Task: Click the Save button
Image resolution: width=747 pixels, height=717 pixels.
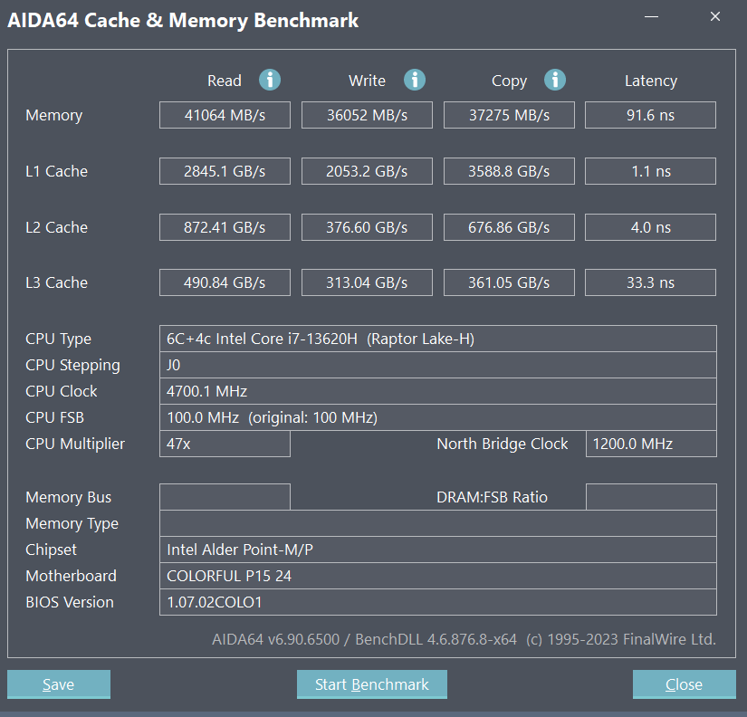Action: (59, 684)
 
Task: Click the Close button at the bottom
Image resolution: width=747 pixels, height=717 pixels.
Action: (685, 684)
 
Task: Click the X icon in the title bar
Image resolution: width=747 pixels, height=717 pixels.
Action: (715, 16)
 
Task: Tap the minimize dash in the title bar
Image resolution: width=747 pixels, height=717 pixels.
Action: (651, 16)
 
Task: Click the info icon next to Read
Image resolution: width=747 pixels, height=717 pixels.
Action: (270, 80)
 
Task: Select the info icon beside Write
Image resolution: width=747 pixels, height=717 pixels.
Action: (415, 80)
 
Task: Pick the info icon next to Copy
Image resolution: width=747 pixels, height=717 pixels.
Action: (555, 80)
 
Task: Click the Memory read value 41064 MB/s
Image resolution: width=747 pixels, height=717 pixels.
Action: (225, 115)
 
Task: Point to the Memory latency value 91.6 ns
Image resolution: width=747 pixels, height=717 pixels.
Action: (650, 115)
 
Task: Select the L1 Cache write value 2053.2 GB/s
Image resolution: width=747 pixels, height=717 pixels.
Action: (367, 171)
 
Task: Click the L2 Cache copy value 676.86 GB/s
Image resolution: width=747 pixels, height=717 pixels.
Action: (509, 227)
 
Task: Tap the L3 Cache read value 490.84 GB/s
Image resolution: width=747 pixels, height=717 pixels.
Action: (225, 282)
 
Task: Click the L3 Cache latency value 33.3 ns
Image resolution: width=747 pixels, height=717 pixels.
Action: (650, 282)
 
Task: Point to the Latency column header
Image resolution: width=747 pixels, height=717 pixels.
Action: (651, 81)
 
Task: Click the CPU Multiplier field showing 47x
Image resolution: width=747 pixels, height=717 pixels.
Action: (225, 444)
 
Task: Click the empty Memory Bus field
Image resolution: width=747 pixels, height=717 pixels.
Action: (225, 497)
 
